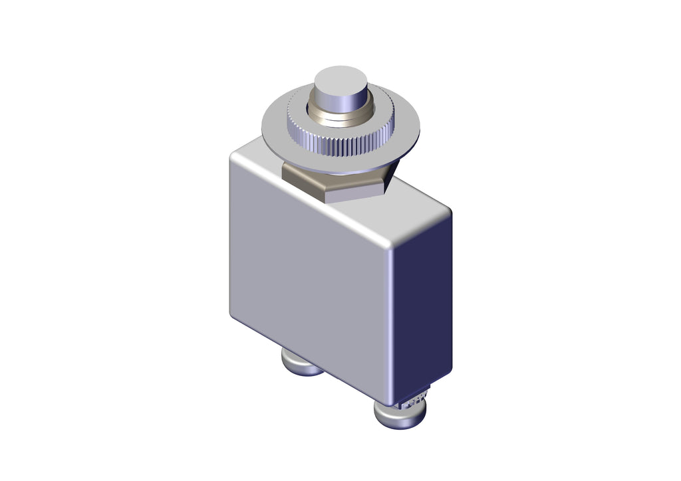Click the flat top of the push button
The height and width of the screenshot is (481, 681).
pyautogui.click(x=340, y=82)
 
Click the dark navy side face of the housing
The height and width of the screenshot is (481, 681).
pyautogui.click(x=422, y=299)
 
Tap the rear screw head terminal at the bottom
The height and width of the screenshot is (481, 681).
pyautogui.click(x=301, y=364)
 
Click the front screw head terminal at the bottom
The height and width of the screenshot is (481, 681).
pyautogui.click(x=399, y=415)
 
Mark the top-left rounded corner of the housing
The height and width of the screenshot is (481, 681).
pyautogui.click(x=234, y=157)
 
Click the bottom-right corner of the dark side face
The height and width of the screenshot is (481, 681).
pyautogui.click(x=450, y=372)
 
